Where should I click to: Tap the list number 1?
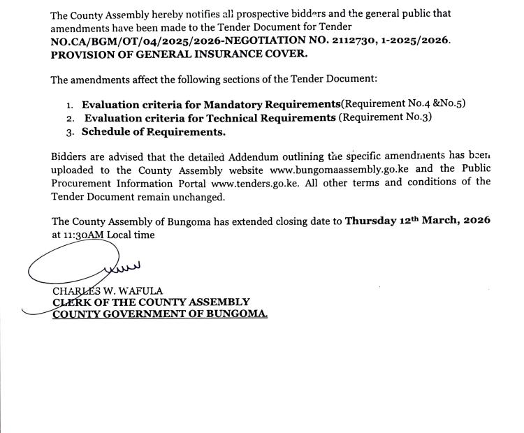pos(70,105)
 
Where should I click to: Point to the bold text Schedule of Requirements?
pos(154,131)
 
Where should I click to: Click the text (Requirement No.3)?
pos(385,118)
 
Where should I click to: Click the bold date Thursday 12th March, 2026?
pos(417,221)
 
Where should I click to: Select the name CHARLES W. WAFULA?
pos(106,291)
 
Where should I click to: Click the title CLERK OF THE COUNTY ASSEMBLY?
pos(151,302)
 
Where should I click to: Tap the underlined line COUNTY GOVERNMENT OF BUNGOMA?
pos(160,314)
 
